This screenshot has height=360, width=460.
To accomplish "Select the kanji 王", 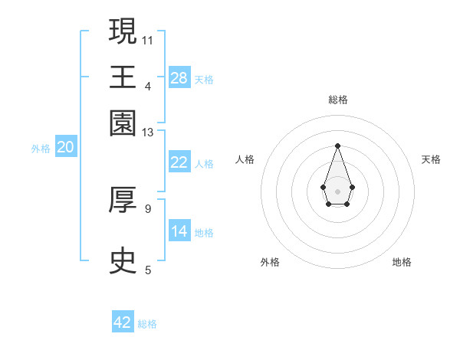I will [x=123, y=77].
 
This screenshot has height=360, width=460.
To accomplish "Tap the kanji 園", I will [x=123, y=123].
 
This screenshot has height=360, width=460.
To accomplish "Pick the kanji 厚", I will [x=123, y=200].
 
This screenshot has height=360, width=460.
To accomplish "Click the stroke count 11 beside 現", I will [x=148, y=39].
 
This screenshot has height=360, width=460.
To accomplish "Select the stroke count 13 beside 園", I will [x=148, y=133].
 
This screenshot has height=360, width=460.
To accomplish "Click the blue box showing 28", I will [x=179, y=78].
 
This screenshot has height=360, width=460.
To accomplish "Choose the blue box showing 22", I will [x=179, y=162].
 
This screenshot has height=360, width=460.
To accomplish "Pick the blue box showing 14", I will [x=179, y=231].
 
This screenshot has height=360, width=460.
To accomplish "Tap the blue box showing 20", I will [x=65, y=148].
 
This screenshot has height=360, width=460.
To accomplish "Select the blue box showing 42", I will [x=123, y=322].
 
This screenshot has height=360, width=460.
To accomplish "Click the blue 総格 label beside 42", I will [x=147, y=324].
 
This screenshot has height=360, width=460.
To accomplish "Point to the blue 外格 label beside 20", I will [x=41, y=149].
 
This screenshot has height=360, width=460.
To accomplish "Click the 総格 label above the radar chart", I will [x=337, y=100].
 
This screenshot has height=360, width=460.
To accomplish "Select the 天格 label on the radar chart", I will [x=431, y=159].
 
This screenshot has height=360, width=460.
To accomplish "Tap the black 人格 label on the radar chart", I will [x=245, y=159].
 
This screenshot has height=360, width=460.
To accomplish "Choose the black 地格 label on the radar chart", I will [x=402, y=262].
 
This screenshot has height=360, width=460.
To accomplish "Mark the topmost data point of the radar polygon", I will [x=337, y=145].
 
